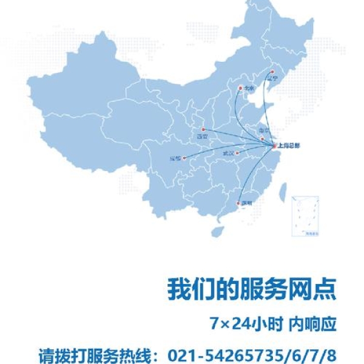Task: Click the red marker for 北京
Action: pyautogui.click(x=240, y=89)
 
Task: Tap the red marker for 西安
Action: pyautogui.click(x=204, y=129)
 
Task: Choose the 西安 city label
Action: pyautogui.click(x=202, y=137)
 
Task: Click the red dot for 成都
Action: pyautogui.click(x=184, y=159)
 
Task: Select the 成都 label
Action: pyautogui.click(x=175, y=159)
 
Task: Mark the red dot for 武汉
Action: pyautogui.click(x=237, y=153)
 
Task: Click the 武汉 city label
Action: pyautogui.click(x=228, y=153)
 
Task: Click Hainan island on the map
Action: pyautogui.click(x=217, y=231)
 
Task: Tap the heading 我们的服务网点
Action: pyautogui.click(x=252, y=289)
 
